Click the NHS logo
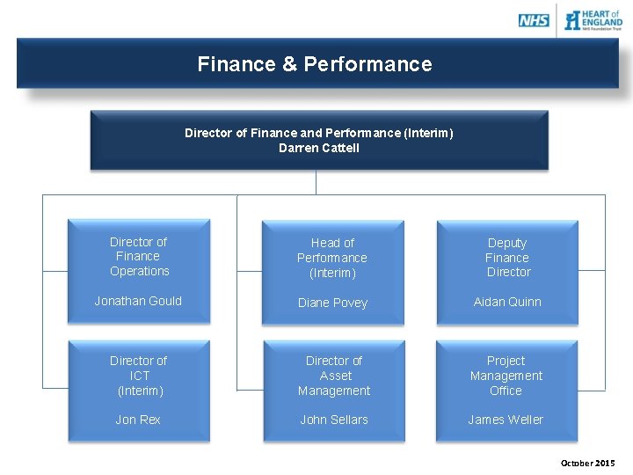pos(534,19)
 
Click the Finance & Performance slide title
pos(315,64)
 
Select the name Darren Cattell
pos(319,148)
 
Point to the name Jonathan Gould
pos(138,301)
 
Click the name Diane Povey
pos(332,303)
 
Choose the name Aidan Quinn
pos(507,302)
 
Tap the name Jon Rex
pos(138,420)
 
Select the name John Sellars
pos(334,420)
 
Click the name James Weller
pos(506,420)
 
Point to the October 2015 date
pos(588,463)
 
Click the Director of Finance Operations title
pos(139,256)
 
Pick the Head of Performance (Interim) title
pos(332,258)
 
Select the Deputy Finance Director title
pos(507,257)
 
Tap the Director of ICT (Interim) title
pos(139,376)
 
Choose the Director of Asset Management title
pos(334,376)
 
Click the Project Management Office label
pos(506,376)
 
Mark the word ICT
pos(140,376)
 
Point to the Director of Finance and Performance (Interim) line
pos(319,133)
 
